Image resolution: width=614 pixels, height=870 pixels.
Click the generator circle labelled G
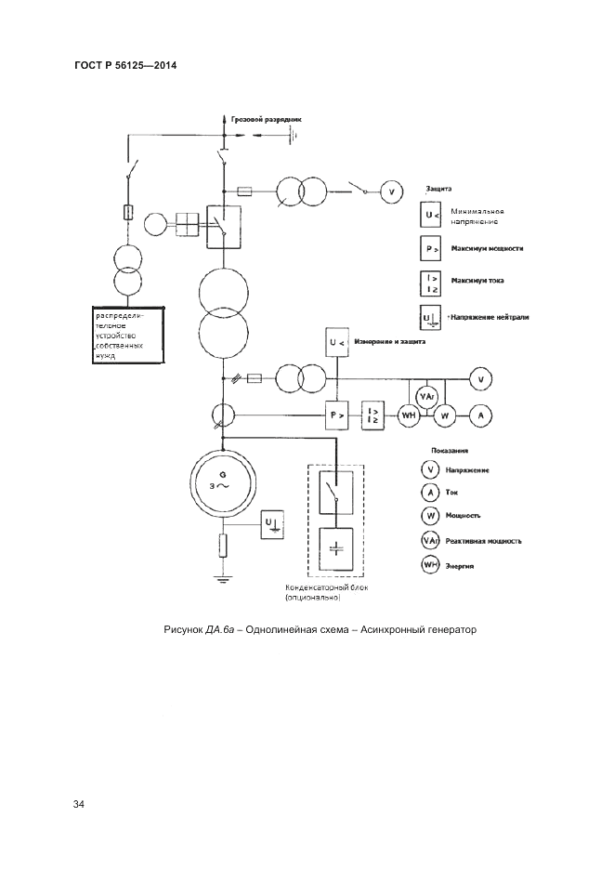click(x=223, y=480)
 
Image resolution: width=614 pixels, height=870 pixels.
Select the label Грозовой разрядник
click(x=267, y=120)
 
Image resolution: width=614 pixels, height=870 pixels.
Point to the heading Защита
click(x=438, y=188)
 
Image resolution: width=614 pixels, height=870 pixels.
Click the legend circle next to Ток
click(x=430, y=493)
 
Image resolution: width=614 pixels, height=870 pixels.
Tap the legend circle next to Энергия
click(x=430, y=565)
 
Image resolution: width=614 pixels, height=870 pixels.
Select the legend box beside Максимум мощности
click(x=430, y=249)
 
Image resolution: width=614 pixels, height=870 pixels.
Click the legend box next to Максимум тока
click(x=430, y=281)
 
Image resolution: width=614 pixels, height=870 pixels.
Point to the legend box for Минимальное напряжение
click(x=430, y=216)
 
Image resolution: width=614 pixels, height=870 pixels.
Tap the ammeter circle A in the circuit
click(x=480, y=415)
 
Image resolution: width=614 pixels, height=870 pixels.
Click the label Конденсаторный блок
click(x=324, y=588)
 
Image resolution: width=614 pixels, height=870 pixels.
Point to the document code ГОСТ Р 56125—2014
click(x=124, y=66)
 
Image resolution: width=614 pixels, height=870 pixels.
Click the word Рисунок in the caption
click(x=183, y=630)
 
